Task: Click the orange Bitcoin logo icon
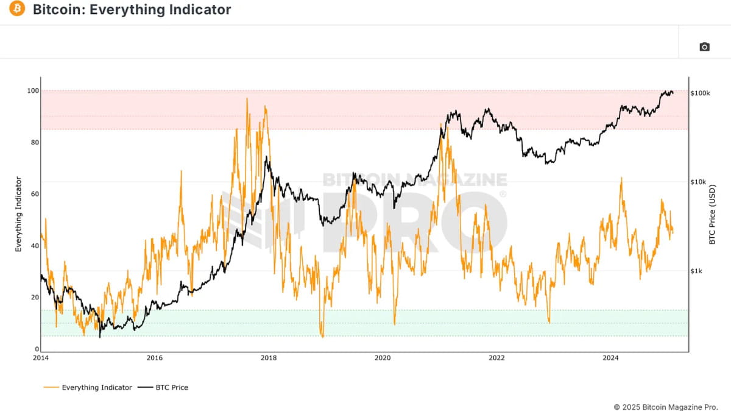17,10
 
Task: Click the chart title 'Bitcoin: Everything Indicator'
132,10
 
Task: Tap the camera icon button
704,47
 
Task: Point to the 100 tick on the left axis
32,91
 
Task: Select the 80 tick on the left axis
34,143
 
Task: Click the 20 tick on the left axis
34,298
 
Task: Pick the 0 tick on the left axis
36,349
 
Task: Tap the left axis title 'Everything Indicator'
18,214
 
